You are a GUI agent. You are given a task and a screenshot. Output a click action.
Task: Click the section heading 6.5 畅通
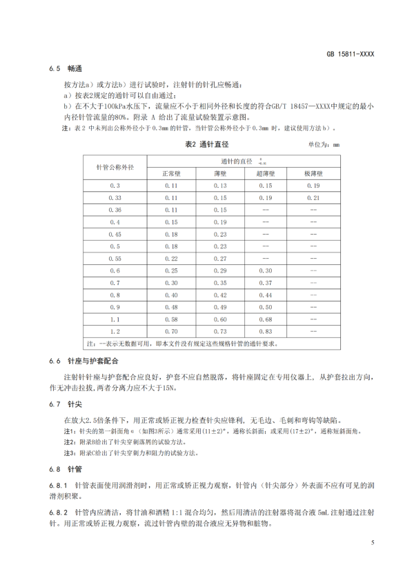(x=66, y=69)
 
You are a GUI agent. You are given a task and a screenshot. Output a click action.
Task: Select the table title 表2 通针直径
(x=207, y=144)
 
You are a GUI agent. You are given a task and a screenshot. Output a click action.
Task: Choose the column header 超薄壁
(x=266, y=173)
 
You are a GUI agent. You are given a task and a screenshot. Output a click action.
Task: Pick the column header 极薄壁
(x=313, y=173)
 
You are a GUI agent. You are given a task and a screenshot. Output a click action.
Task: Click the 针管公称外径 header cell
(x=115, y=167)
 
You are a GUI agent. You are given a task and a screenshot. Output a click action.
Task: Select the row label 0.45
(x=115, y=234)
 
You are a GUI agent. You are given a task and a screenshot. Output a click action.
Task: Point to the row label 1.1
(x=115, y=319)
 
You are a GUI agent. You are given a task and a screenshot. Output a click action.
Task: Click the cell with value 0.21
(x=313, y=197)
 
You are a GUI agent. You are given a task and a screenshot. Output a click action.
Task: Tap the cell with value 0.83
(x=266, y=332)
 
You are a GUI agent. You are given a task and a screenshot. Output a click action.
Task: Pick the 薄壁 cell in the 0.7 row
(x=219, y=283)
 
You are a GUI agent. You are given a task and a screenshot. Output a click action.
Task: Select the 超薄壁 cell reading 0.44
(x=266, y=295)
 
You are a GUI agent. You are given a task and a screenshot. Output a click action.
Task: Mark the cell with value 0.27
(x=219, y=258)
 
